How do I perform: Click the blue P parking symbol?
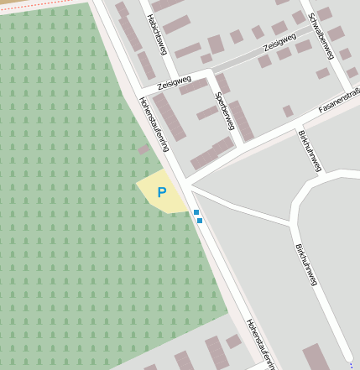click(x=162, y=192)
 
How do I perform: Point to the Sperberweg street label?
click(x=224, y=110)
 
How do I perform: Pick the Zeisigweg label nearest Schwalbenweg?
click(x=279, y=44)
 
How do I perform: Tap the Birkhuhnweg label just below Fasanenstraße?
click(x=310, y=150)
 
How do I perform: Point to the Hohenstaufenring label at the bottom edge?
click(x=261, y=344)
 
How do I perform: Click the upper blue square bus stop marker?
click(x=196, y=213)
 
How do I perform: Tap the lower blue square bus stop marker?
click(x=200, y=221)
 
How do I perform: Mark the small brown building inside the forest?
click(x=143, y=149)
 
